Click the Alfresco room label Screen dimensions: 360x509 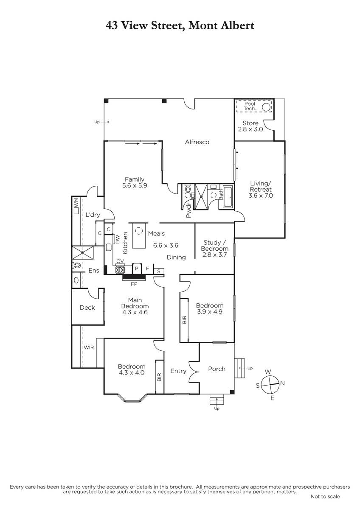coord(197,142)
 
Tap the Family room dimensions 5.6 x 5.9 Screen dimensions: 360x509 coord(135,185)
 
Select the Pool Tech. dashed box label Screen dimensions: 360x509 coord(250,106)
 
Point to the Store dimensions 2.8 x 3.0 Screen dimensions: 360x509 coord(250,129)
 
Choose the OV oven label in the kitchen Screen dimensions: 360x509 coord(120,261)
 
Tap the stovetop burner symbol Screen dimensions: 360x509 coord(120,270)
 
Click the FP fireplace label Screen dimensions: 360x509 coord(134,284)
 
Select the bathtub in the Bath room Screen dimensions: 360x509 coord(228,196)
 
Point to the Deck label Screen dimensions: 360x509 coord(87,308)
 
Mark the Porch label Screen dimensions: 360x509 coord(217,369)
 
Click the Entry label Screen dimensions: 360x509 coord(178,371)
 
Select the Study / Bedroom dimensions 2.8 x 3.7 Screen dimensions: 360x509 coord(214,255)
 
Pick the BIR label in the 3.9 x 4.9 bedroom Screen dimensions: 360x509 coord(184,320)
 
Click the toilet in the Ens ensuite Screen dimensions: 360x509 coord(77,265)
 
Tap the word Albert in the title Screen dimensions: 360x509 coord(237,25)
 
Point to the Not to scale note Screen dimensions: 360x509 coord(325,497)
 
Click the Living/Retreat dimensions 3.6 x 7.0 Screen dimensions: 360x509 coord(261,196)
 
